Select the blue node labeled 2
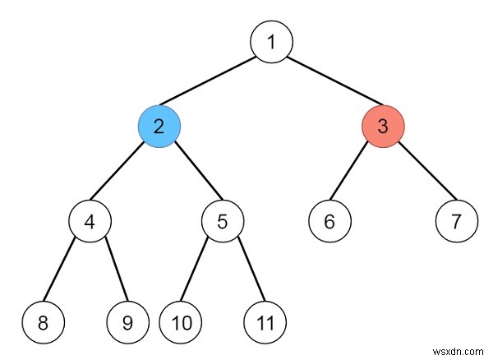tap(158, 127)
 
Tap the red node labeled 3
tap(383, 127)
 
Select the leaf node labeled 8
tap(44, 322)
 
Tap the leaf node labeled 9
tap(127, 322)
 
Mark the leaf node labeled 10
tap(179, 322)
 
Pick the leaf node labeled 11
tap(264, 322)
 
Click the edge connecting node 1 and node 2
tap(214, 85)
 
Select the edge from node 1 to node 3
tap(327, 85)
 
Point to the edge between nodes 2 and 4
tap(123, 173)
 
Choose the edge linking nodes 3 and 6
tap(357, 173)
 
